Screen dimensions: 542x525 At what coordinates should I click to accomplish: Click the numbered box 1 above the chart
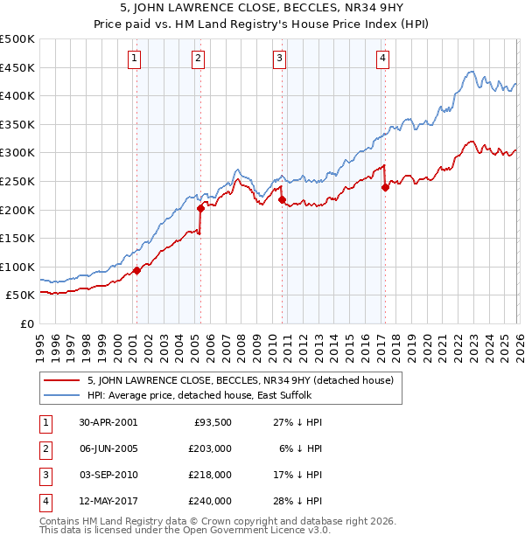pyautogui.click(x=135, y=59)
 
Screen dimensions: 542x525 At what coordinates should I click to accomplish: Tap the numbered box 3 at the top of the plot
pyautogui.click(x=279, y=59)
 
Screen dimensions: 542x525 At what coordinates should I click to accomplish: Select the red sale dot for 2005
pyautogui.click(x=200, y=208)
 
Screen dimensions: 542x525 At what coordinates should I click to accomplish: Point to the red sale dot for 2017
pyautogui.click(x=385, y=186)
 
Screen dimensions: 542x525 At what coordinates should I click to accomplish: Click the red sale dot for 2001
pyautogui.click(x=137, y=270)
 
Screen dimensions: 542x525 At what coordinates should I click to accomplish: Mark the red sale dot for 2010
pyautogui.click(x=282, y=199)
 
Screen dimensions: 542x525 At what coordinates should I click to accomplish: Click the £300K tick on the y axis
pyautogui.click(x=18, y=153)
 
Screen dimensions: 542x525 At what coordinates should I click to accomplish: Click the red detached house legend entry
pyautogui.click(x=241, y=380)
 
